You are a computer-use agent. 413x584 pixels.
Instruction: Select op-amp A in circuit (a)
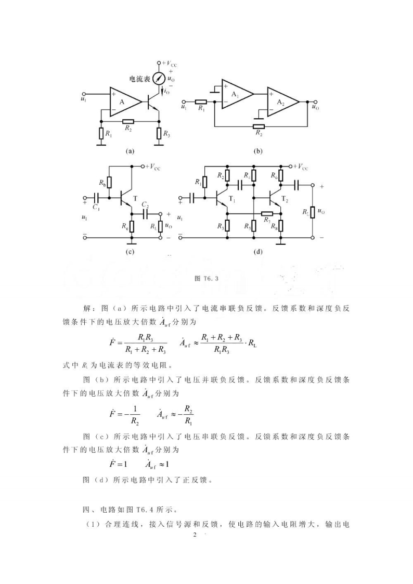tap(123, 102)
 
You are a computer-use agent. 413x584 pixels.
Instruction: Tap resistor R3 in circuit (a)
tap(159, 134)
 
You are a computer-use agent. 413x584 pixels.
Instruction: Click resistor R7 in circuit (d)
tap(267, 213)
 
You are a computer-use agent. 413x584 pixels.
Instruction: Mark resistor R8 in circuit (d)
tap(281, 225)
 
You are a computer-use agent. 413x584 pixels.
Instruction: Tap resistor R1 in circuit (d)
tap(205, 182)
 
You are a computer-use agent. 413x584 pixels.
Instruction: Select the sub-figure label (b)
tap(257, 151)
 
